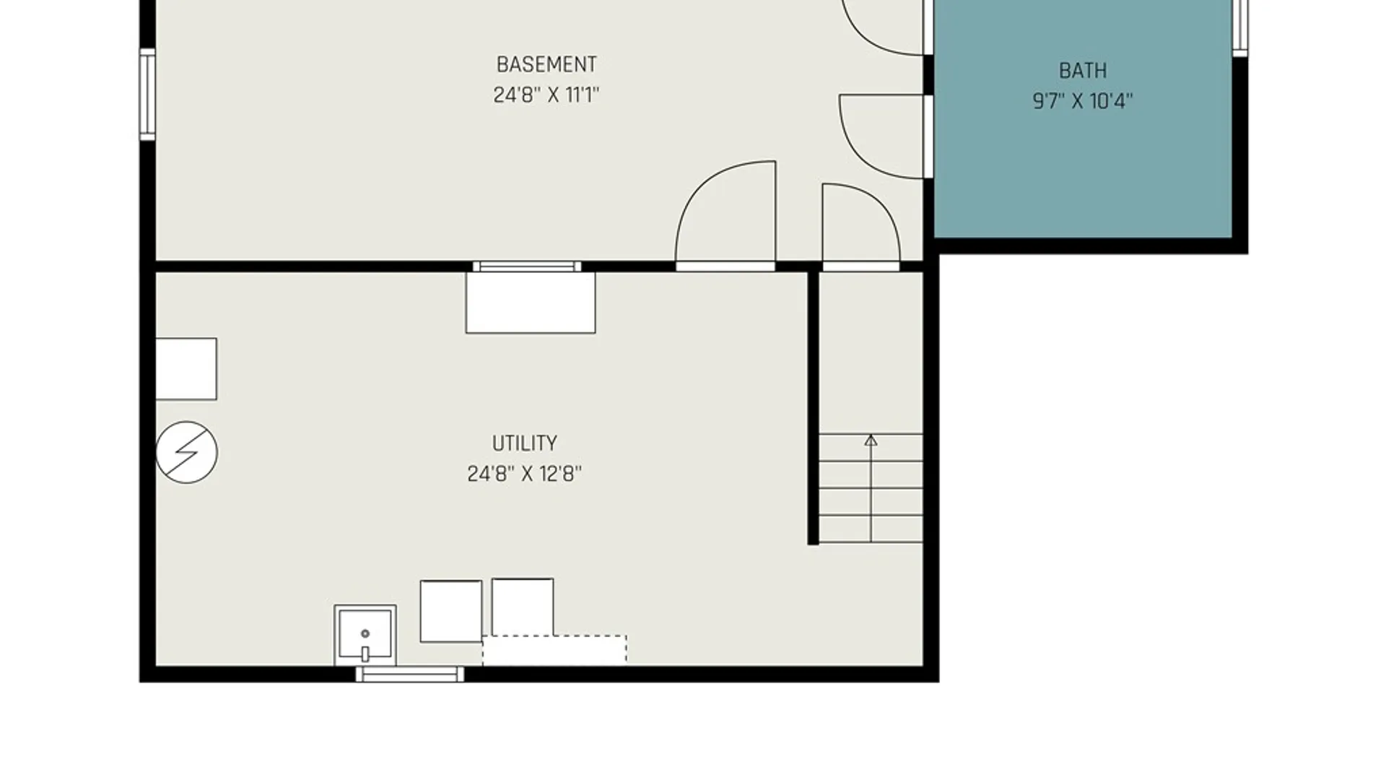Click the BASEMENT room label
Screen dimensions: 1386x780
tap(546, 64)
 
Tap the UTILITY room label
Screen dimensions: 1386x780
tap(525, 443)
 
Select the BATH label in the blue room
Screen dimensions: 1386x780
tap(1083, 71)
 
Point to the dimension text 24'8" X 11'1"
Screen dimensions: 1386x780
tap(546, 95)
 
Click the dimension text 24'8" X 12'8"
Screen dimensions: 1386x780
tap(525, 474)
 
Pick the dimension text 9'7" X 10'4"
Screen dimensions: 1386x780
tap(1083, 101)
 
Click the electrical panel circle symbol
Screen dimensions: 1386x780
tap(186, 452)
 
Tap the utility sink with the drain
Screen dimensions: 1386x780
tap(365, 635)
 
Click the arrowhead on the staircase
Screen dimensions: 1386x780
tap(871, 439)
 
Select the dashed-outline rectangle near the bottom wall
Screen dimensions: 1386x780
tap(554, 650)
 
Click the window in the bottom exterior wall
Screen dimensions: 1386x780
tap(410, 674)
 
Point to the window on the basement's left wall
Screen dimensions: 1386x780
tap(147, 94)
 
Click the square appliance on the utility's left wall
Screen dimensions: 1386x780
tap(186, 368)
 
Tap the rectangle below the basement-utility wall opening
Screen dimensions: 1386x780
tap(531, 303)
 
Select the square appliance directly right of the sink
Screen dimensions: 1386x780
tap(451, 611)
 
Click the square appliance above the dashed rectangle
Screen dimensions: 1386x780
tap(523, 607)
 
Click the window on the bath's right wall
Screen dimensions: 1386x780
tap(1240, 27)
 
